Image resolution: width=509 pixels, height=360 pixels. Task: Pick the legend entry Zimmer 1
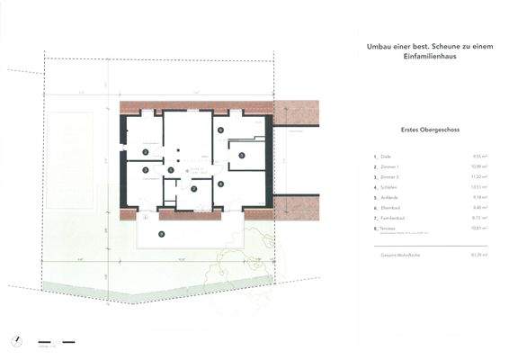pyautogui.click(x=391, y=166)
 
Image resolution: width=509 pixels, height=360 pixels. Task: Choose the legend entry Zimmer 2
pyautogui.click(x=391, y=178)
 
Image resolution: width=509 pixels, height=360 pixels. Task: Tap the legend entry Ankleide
pyautogui.click(x=391, y=198)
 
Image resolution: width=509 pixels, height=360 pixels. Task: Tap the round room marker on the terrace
pyautogui.click(x=161, y=233)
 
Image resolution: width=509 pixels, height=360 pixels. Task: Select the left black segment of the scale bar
pyautogui.click(x=44, y=341)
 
